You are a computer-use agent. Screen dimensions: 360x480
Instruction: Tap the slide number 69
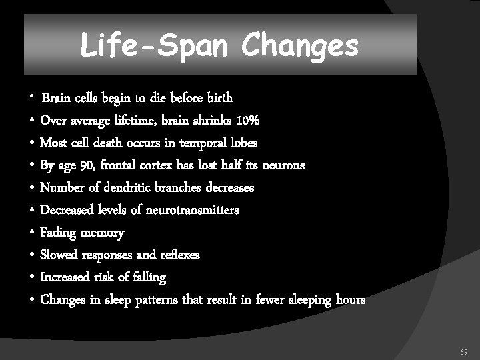pos(464,351)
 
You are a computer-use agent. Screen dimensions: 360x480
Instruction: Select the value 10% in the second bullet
pos(247,121)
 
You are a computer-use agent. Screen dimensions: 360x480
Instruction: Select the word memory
pos(102,233)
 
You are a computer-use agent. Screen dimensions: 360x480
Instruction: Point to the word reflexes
pos(178,255)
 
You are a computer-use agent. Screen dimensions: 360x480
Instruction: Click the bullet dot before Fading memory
pos(32,233)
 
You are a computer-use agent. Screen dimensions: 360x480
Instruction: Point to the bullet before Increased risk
pos(32,277)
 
